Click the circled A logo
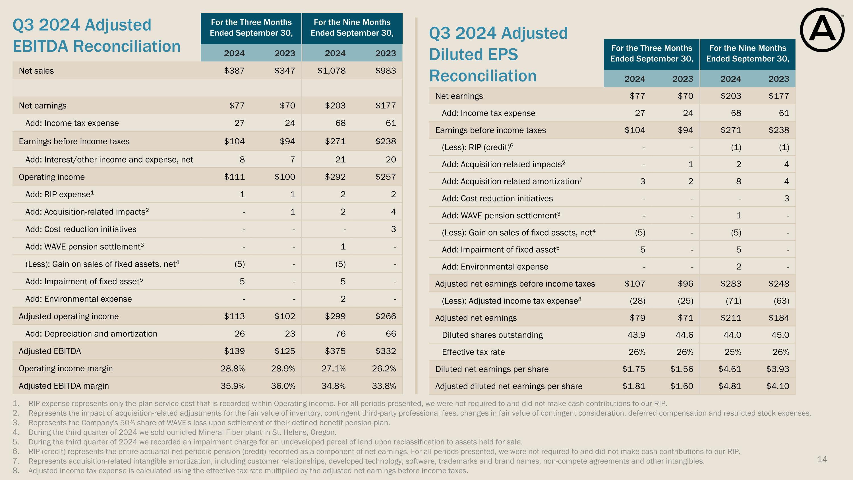pyautogui.click(x=822, y=30)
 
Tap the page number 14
pyautogui.click(x=822, y=459)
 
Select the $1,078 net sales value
pyautogui.click(x=332, y=71)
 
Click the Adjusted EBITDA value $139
pyautogui.click(x=235, y=351)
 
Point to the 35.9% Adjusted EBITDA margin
pyautogui.click(x=233, y=386)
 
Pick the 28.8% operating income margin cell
pyautogui.click(x=233, y=368)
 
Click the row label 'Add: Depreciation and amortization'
pyautogui.click(x=91, y=333)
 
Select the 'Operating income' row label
pyautogui.click(x=52, y=177)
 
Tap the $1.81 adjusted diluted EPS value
pyautogui.click(x=634, y=386)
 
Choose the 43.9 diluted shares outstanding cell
pyautogui.click(x=636, y=335)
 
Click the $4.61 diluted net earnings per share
pyautogui.click(x=730, y=369)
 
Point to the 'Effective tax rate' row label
pyautogui.click(x=473, y=352)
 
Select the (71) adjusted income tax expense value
pyautogui.click(x=734, y=301)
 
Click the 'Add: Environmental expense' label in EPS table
pyautogui.click(x=495, y=267)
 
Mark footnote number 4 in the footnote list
pyautogui.click(x=16, y=432)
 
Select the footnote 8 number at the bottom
pyautogui.click(x=16, y=471)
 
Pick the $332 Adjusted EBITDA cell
pyautogui.click(x=386, y=351)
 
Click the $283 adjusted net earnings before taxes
pyautogui.click(x=731, y=284)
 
